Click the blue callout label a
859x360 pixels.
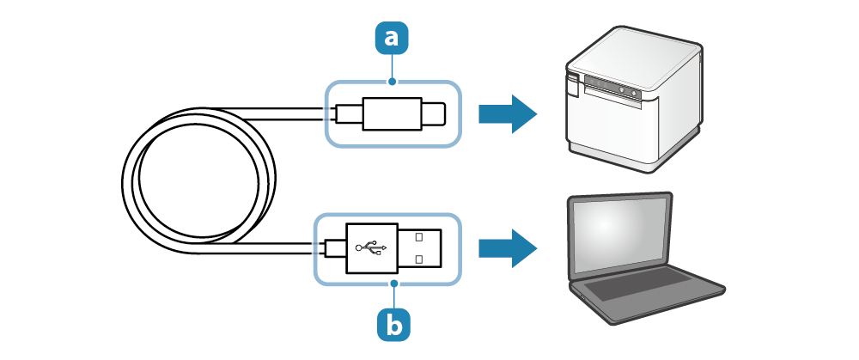[393, 38]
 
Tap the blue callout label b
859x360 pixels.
[394, 325]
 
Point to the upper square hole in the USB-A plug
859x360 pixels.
[418, 235]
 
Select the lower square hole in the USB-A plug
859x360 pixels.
[418, 258]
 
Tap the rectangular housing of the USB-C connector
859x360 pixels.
[390, 113]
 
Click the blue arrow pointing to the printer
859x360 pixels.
[507, 113]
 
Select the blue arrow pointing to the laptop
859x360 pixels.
[507, 247]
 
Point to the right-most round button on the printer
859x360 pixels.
[634, 91]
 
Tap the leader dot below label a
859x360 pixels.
[393, 82]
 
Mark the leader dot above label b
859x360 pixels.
[394, 282]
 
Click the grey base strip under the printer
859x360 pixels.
[614, 156]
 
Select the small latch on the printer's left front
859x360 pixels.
[573, 82]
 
